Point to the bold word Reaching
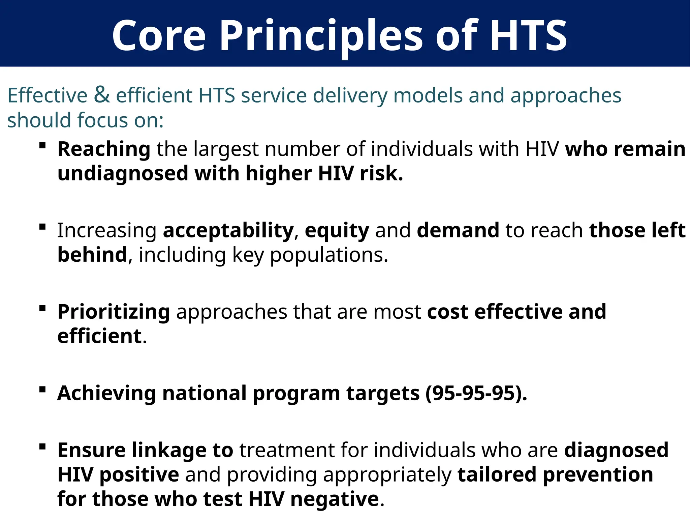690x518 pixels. tap(104, 149)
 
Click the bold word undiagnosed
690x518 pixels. tap(123, 174)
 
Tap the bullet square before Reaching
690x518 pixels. tap(42, 146)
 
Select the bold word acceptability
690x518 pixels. tap(228, 231)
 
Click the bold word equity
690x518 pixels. tap(337, 231)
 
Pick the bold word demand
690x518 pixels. tap(458, 231)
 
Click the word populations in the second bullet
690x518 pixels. tap(328, 255)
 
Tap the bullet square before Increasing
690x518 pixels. tap(42, 227)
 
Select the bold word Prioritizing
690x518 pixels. tap(114, 312)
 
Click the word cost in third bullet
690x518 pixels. tap(447, 312)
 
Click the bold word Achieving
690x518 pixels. tap(106, 393)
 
